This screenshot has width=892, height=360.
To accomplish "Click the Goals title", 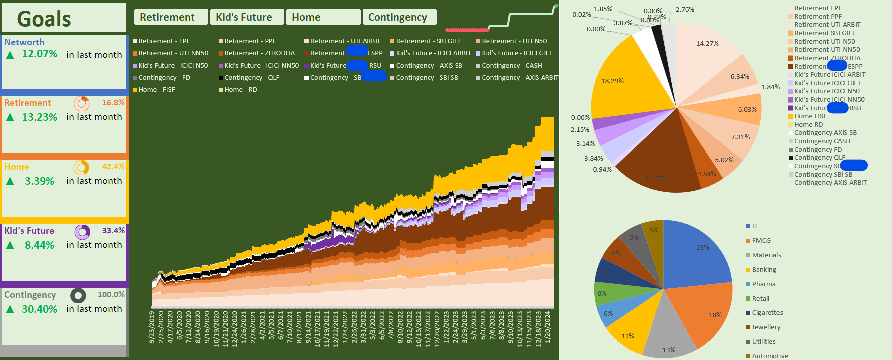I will point(44,19).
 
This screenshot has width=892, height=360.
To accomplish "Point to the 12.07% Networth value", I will point(39,54).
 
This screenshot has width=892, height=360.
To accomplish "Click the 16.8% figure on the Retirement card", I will point(113,102).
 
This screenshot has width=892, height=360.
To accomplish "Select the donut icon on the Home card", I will point(82,167).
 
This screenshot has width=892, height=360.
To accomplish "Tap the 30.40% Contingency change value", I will point(39,309).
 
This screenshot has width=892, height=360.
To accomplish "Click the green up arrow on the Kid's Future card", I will point(10,245).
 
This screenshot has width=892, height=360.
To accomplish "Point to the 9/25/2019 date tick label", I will point(152,327).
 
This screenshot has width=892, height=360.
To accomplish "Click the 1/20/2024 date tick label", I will point(547,327).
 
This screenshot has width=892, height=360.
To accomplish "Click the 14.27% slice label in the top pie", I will point(707,44).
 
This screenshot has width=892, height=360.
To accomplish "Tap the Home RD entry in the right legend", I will point(808,125).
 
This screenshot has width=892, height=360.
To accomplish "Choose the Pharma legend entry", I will point(763,284).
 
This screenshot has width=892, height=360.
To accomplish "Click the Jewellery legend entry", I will point(766,327).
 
